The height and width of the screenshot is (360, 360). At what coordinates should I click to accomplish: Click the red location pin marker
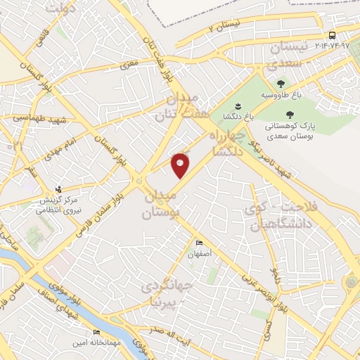pyautogui.click(x=181, y=165)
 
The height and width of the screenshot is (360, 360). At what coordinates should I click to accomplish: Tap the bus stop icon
pyautogui.click(x=332, y=35)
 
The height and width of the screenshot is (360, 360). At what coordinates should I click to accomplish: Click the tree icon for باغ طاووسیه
pyautogui.click(x=281, y=83)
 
